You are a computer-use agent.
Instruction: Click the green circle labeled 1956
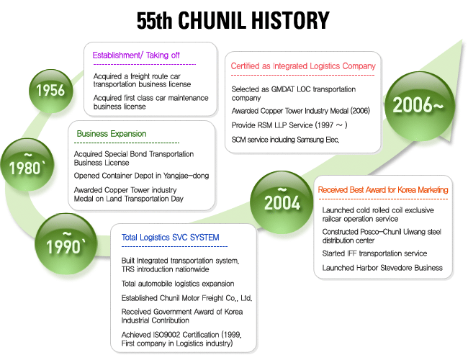[50, 91]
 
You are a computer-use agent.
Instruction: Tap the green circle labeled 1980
[27, 164]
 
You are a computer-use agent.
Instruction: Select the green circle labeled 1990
[66, 243]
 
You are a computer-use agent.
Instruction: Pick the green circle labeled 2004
[282, 202]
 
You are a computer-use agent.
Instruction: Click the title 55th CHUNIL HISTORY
[233, 20]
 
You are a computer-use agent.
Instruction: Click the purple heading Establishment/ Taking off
[136, 55]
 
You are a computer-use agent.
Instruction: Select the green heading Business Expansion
[112, 133]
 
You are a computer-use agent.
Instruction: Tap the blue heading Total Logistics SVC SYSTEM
[170, 238]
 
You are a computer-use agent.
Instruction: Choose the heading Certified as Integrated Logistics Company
[303, 66]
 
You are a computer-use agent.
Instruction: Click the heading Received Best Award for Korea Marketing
[383, 190]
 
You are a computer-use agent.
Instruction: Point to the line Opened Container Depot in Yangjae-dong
[141, 176]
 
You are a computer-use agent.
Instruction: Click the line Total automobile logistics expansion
[178, 284]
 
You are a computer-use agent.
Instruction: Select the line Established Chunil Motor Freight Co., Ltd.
[186, 298]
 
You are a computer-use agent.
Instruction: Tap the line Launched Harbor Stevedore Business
[382, 268]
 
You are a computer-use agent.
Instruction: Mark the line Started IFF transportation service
[374, 253]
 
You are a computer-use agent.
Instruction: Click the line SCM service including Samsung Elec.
[285, 140]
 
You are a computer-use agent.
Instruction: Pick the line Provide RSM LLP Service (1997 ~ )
[289, 125]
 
